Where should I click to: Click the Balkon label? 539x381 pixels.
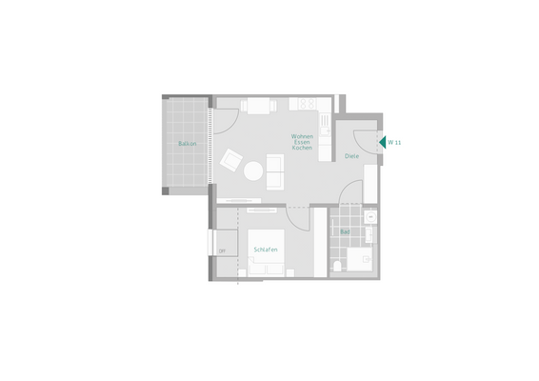coord(187,144)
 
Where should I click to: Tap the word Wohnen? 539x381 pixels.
coord(303,138)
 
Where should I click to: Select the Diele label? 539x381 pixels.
coord(351,156)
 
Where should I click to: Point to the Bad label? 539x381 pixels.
coord(345,231)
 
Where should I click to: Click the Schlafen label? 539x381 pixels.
coord(266,250)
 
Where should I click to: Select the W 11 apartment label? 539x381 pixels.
coord(395,142)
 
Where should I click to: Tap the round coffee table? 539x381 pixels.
coord(254,171)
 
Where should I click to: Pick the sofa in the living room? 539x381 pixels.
coord(275,171)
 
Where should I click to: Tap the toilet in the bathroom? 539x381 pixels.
coord(338,265)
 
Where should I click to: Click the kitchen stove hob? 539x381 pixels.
coord(307,103)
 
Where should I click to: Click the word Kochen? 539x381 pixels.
coord(303,153)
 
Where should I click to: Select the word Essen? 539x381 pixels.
coord(303,146)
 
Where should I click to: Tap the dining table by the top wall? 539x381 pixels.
coord(257,105)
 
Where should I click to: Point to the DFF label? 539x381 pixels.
coord(222,251)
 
